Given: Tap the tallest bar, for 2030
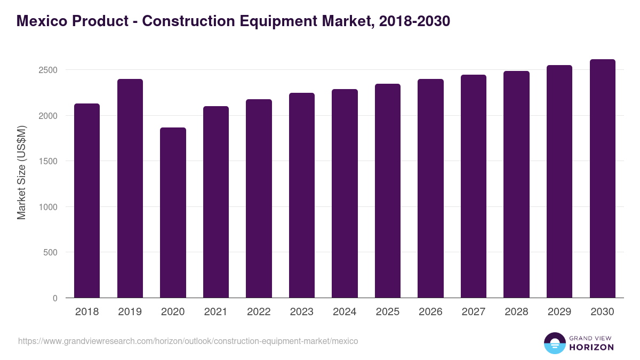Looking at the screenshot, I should pos(603,178).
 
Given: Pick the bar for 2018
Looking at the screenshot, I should pos(87,201).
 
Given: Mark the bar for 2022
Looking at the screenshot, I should pos(259,198).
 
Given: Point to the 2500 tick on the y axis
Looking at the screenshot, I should pos(48,70).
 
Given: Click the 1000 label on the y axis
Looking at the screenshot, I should pos(48,207).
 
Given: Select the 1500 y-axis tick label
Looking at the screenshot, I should pos(48,162).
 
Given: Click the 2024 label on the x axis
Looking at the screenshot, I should pos(345,312).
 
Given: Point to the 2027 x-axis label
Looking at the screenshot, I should pos(474,312).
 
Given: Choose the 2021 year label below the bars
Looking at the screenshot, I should pos(215,312).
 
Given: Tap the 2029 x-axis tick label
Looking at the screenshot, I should pos(559,312).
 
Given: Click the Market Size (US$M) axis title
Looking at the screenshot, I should pos(21,172).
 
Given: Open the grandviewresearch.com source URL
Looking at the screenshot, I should pos(188,341).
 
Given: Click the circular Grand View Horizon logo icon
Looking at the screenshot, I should pos(554,343).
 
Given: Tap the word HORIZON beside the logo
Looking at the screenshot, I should pos(591,347).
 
